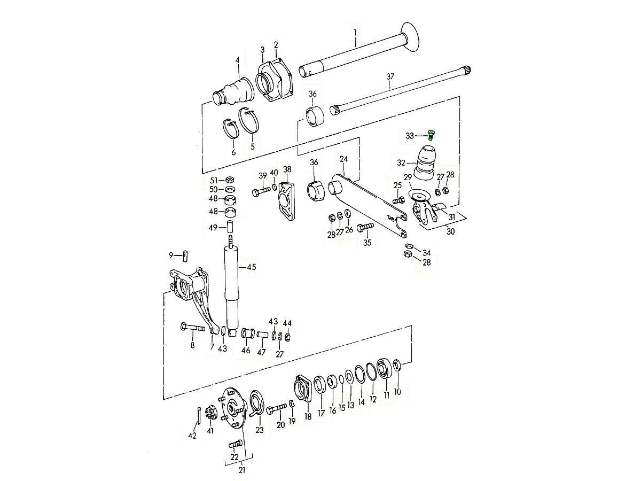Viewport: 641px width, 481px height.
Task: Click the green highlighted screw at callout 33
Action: (x=431, y=136)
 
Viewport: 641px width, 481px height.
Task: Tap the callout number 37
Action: (x=390, y=76)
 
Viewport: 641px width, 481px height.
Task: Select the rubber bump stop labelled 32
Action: (x=425, y=163)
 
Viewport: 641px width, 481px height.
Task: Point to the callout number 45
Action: (x=252, y=267)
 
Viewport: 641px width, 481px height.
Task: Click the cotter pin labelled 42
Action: (x=199, y=416)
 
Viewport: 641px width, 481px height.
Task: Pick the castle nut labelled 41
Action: (x=210, y=413)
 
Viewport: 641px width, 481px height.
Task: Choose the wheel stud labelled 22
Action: (x=236, y=444)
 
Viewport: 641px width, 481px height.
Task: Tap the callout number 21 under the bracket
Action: (x=242, y=470)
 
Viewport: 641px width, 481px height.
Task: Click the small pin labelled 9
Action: (x=185, y=256)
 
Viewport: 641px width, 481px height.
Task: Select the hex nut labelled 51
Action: (x=230, y=180)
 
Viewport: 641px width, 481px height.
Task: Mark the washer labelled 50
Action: (x=230, y=189)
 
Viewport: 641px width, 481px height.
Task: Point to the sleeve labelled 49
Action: (x=230, y=226)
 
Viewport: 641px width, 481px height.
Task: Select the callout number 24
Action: (x=343, y=159)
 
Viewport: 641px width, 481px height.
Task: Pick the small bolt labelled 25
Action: (x=398, y=200)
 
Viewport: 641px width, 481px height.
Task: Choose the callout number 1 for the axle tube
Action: (x=355, y=33)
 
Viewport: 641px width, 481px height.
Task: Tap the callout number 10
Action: (x=397, y=392)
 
